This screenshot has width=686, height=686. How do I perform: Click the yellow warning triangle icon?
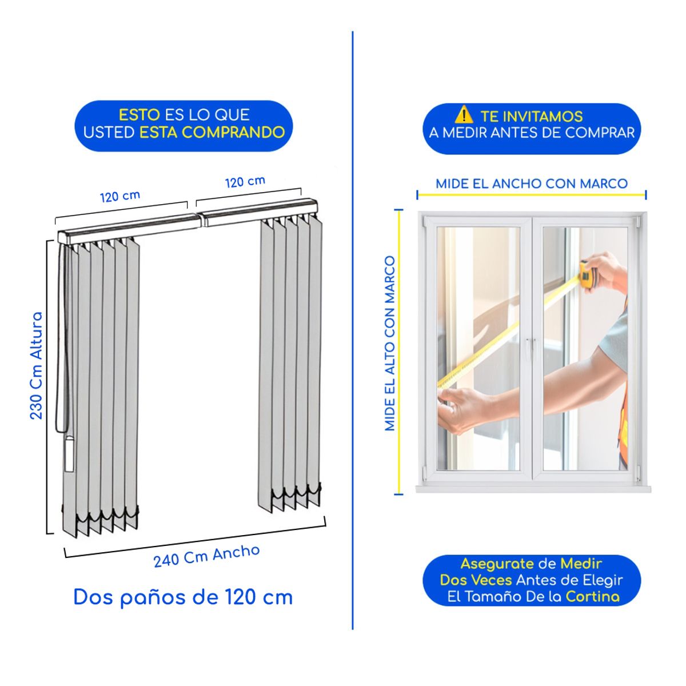pos(464,115)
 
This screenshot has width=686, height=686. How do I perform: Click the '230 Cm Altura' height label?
pos(37,366)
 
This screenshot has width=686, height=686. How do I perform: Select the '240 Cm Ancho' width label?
pos(206,556)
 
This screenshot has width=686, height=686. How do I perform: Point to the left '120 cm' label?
pos(120,196)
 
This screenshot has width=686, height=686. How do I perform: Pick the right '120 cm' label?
pos(245,182)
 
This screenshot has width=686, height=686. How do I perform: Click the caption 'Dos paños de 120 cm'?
pos(183,598)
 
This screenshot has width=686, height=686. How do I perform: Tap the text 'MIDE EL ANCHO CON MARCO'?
pos(532,184)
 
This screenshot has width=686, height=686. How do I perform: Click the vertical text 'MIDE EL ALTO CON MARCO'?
pos(390,344)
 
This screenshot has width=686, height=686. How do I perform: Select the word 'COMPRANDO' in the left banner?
pos(233,133)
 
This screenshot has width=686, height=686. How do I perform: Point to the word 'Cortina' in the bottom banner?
pos(593,597)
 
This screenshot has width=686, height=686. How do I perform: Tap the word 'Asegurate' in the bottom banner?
pos(497,564)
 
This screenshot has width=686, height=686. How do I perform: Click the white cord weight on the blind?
pos(69,454)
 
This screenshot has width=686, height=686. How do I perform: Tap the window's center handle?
pos(532,349)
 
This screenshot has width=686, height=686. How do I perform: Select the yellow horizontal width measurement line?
pos(532,195)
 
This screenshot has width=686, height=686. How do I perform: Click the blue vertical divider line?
pos(353,330)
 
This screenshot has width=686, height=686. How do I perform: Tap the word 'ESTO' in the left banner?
pos(139,115)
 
